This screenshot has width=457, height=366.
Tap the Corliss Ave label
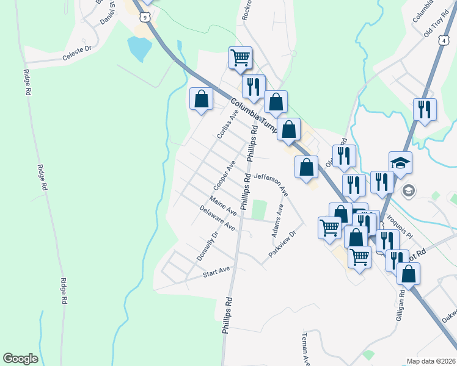point(225,124)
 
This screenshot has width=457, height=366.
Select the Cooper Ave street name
point(224,175)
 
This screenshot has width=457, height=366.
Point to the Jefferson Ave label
point(271,183)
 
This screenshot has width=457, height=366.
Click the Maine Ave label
point(222,206)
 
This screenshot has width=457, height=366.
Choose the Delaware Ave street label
point(217,218)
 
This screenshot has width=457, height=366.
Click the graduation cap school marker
point(401,163)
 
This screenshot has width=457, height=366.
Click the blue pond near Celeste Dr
point(139,49)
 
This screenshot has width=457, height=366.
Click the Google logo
point(21,359)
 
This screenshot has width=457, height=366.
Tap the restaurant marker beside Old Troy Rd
point(424,110)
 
